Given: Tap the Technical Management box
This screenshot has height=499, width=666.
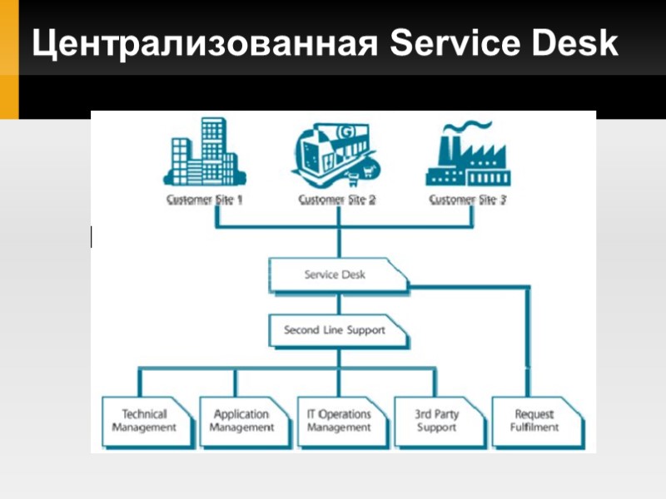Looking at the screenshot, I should [144, 420].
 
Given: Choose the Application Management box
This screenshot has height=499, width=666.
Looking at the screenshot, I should [241, 420].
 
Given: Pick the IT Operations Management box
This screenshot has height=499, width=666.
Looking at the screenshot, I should [339, 420].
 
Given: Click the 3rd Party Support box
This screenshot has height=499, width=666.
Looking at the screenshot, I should [436, 420].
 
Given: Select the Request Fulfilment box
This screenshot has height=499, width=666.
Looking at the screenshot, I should [534, 420].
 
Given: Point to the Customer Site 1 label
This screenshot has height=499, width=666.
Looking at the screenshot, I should [204, 200].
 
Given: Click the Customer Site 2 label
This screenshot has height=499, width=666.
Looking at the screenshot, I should [337, 200].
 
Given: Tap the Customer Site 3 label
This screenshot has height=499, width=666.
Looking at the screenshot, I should [468, 200].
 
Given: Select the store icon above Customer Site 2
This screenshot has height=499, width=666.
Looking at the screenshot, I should [329, 154].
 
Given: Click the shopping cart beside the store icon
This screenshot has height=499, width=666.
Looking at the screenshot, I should [362, 175].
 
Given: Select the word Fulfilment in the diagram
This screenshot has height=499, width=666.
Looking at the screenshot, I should [534, 427].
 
